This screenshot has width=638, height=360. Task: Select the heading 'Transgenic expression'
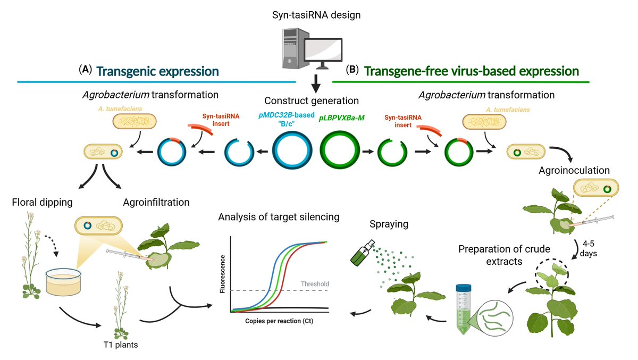coord(157,71)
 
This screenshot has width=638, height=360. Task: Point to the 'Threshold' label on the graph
coord(315,283)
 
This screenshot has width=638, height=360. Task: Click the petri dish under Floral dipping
coord(63,282)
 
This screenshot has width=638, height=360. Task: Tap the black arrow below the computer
coord(316,84)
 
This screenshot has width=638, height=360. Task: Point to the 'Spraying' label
coord(390,224)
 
